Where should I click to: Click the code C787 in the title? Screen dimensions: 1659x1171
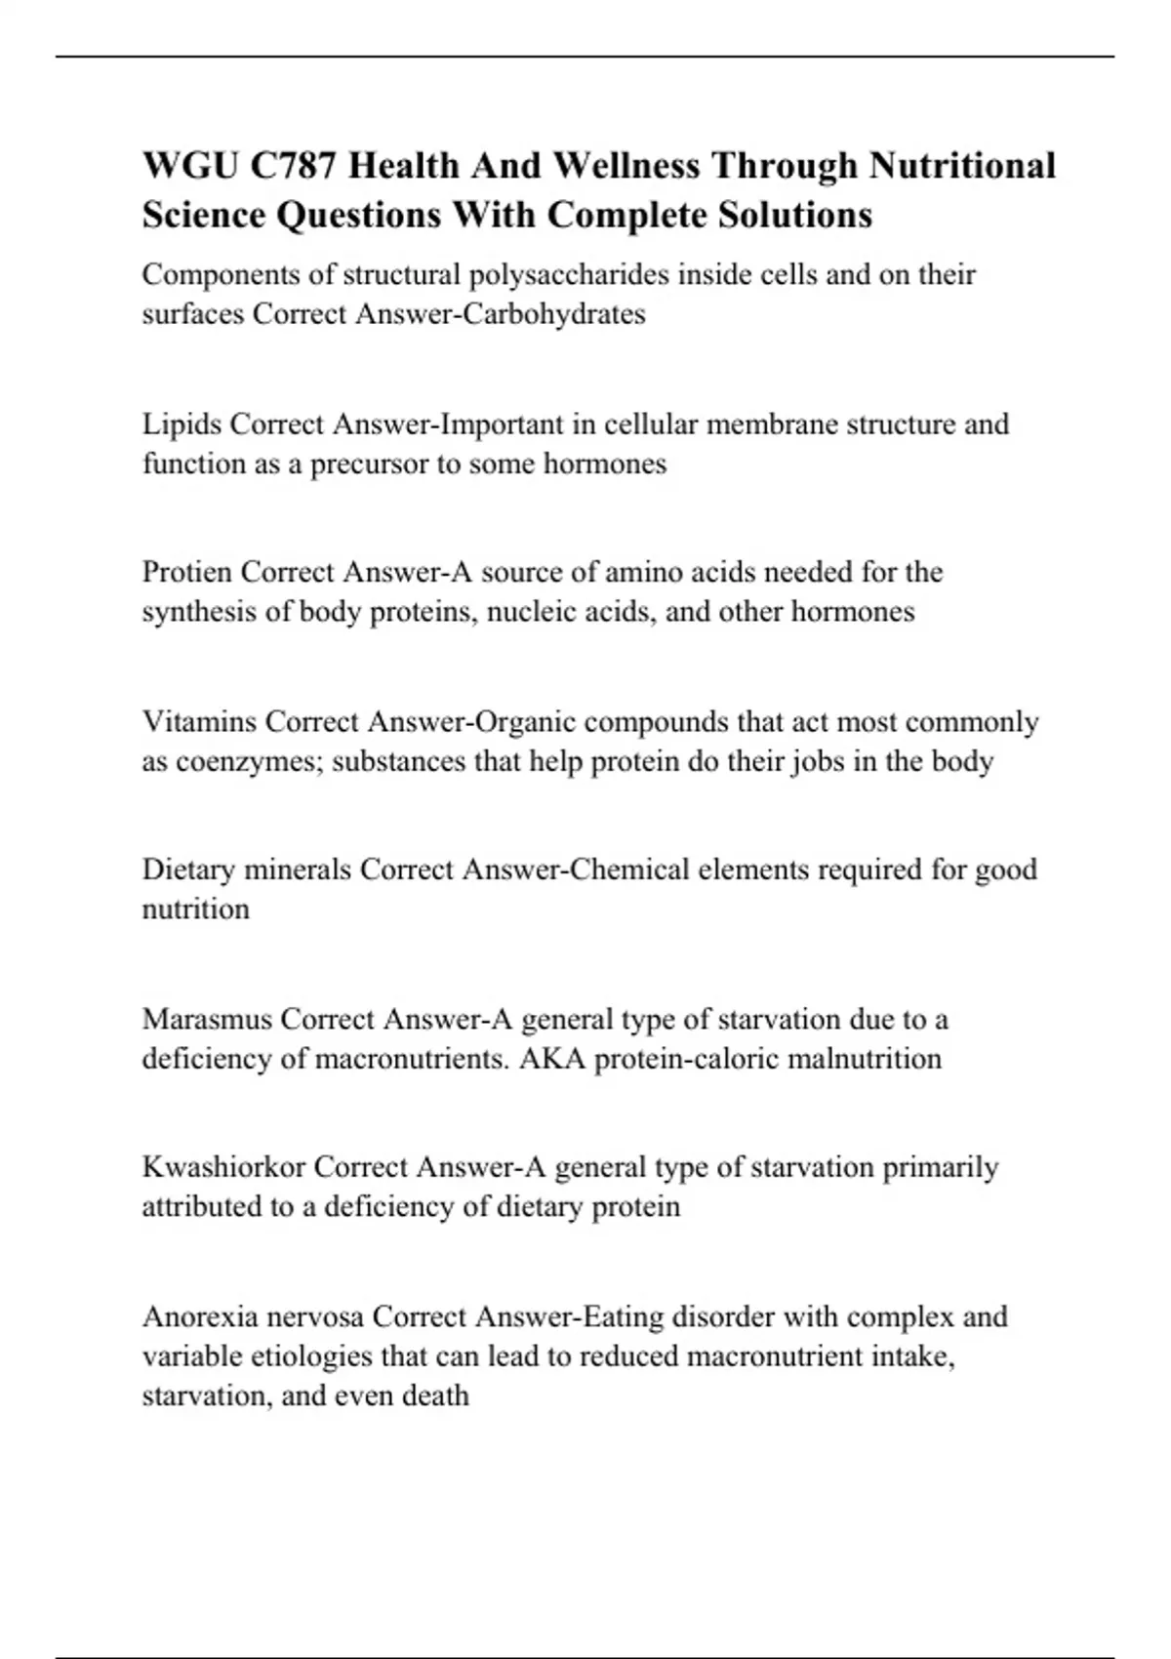point(291,166)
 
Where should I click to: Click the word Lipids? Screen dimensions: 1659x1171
point(182,425)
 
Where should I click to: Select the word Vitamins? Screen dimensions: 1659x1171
point(199,722)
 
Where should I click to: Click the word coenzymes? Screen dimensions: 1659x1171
point(249,761)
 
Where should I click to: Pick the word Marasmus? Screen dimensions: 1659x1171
point(206,1020)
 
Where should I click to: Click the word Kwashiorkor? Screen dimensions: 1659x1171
point(223,1167)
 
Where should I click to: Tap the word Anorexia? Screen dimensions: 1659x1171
point(200,1317)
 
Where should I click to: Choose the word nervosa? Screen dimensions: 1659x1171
point(315,1317)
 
